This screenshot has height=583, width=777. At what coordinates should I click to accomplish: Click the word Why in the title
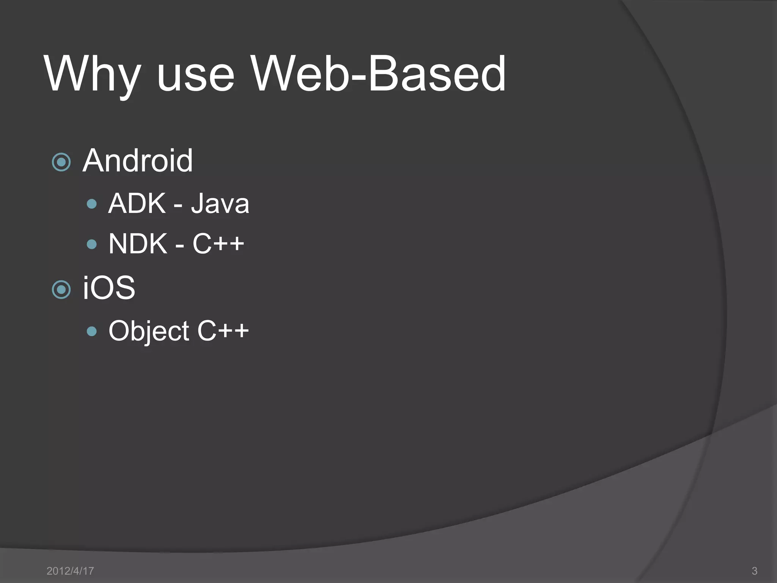click(x=93, y=74)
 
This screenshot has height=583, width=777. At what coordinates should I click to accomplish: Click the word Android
click(x=138, y=161)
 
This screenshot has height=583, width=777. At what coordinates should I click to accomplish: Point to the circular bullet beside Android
click(x=61, y=162)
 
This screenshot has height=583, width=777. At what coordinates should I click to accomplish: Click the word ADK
click(x=137, y=204)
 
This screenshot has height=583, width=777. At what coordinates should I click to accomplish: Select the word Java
click(x=220, y=204)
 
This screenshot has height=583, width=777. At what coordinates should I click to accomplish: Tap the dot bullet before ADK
click(x=91, y=204)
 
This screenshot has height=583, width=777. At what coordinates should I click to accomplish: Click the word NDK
click(x=138, y=244)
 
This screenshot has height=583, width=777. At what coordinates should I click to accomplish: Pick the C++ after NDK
click(x=218, y=243)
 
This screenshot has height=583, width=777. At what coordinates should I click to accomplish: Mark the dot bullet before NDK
click(x=91, y=244)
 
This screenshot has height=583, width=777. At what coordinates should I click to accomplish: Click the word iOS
click(x=109, y=288)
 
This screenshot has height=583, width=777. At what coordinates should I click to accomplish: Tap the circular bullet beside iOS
click(x=61, y=290)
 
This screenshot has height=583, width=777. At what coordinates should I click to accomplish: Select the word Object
click(x=149, y=331)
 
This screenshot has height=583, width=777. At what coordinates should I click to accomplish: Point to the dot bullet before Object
click(x=91, y=331)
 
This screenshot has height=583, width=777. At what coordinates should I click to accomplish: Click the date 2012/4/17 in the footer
click(x=70, y=571)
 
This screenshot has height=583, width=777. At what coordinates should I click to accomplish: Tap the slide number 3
click(x=754, y=571)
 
